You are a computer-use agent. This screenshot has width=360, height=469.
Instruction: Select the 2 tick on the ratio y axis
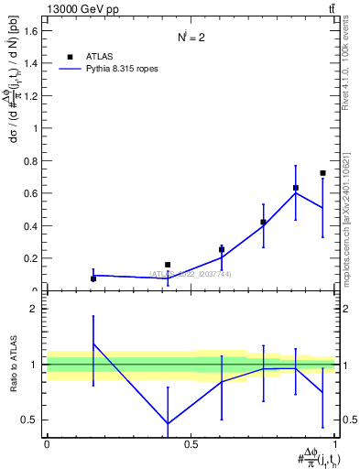tap(35, 309)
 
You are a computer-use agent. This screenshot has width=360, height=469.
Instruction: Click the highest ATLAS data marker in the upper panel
tap(322, 173)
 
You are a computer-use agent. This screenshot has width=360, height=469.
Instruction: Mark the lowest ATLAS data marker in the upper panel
tap(93, 278)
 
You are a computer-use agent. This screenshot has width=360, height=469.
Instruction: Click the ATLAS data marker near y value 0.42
tap(264, 222)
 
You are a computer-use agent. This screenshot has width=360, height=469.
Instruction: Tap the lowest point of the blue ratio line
tap(168, 423)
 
